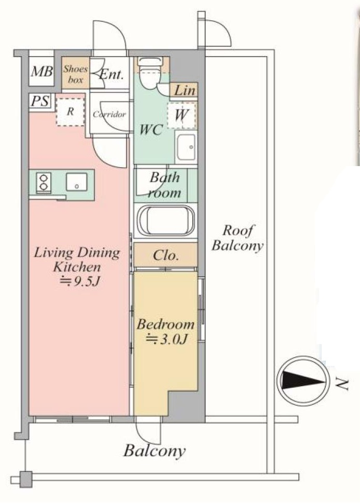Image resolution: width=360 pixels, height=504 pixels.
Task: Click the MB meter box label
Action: click(x=41, y=71)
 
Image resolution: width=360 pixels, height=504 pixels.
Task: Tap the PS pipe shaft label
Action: click(x=40, y=101)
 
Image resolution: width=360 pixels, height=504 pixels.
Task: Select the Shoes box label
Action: click(x=75, y=74)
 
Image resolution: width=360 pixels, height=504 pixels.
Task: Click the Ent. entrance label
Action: click(x=111, y=75)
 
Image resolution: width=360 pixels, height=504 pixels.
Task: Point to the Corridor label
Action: click(x=109, y=114)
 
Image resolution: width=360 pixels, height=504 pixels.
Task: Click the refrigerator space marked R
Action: click(x=71, y=112)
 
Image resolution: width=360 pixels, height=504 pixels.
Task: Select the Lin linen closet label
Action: click(x=185, y=90)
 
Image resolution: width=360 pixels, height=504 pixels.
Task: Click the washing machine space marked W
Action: click(x=182, y=115)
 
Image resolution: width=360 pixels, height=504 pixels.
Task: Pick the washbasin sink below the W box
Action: click(x=186, y=147)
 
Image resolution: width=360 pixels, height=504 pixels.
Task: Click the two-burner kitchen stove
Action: click(x=44, y=182)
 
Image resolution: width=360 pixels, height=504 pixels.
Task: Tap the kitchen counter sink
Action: click(x=76, y=182)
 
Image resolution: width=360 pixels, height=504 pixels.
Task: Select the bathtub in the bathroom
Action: click(x=165, y=221)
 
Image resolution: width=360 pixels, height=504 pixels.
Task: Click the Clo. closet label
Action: click(x=165, y=255)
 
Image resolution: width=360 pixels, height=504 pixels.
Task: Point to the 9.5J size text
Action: click(x=81, y=281)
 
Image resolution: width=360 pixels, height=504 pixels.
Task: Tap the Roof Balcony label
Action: click(x=238, y=238)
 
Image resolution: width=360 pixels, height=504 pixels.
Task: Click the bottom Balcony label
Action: click(x=155, y=451)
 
